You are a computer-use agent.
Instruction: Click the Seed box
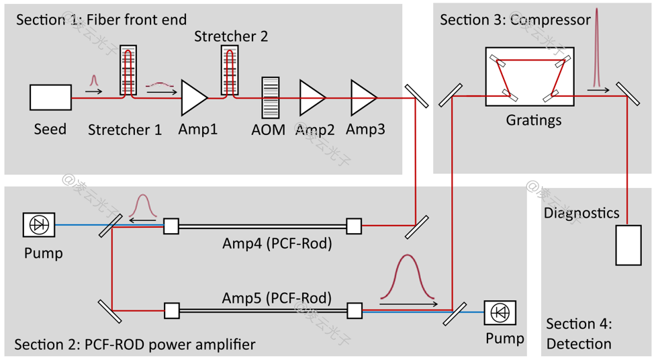point(50,97)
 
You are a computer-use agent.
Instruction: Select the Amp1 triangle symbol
point(193,98)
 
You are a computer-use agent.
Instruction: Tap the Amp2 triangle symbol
point(312,97)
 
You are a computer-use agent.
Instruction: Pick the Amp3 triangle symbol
point(363,97)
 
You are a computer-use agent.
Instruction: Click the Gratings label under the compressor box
point(534,122)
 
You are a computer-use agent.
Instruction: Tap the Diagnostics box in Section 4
point(629,245)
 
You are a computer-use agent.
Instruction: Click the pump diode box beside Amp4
point(39,225)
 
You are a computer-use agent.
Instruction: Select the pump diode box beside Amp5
point(500,312)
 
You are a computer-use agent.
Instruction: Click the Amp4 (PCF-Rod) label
point(277,244)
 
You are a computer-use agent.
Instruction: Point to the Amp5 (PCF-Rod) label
point(277,296)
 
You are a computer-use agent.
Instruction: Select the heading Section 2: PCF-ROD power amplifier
point(134,345)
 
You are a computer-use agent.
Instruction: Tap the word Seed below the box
point(50,128)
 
